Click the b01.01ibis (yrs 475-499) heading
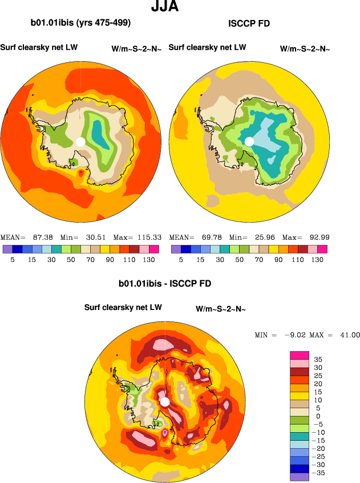tap(80, 23)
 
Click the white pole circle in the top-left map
tap(80, 141)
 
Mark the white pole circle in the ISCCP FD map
tap(249, 141)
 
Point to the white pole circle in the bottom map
tap(165, 402)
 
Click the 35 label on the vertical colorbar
tap(318, 359)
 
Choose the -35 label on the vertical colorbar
tap(321, 473)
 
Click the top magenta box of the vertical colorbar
tap(300, 355)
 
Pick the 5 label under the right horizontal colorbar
tap(181, 259)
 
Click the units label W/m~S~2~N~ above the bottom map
tap(220, 309)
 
